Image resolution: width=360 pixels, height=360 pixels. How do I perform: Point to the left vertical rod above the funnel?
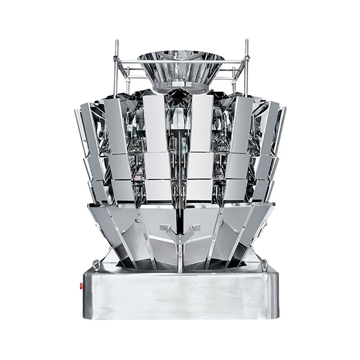(x=116, y=60)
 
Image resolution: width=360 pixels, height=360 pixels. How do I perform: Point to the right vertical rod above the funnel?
(x=246, y=60)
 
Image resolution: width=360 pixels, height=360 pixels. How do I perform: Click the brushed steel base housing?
(x=180, y=294)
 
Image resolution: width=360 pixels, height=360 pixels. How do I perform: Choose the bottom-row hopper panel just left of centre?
(x=158, y=189)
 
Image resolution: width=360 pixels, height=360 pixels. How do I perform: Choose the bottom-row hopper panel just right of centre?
(x=200, y=189)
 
